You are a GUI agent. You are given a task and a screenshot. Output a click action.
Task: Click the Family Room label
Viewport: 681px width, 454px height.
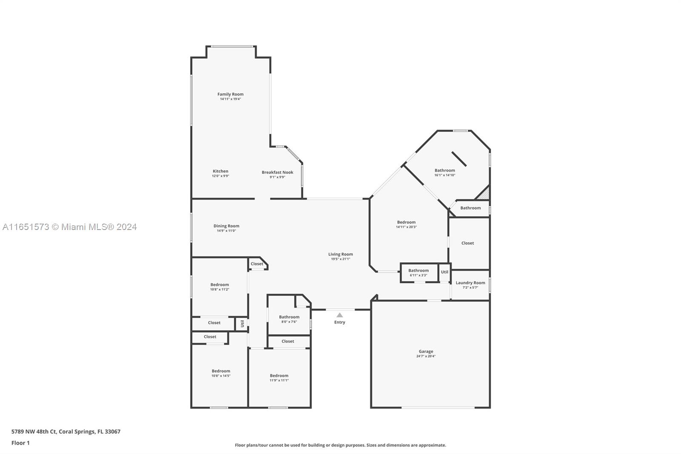tap(230, 94)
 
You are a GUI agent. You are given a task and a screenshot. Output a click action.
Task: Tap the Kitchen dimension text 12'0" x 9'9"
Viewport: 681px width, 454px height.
tap(220, 176)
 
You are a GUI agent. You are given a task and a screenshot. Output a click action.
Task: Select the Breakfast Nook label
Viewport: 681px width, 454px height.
tap(277, 172)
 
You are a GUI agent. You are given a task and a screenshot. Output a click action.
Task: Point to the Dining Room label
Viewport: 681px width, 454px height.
tap(226, 226)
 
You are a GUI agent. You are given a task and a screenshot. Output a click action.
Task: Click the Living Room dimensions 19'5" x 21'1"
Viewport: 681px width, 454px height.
tap(340, 259)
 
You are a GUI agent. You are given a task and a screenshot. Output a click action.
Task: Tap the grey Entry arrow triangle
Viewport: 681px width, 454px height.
tap(340, 315)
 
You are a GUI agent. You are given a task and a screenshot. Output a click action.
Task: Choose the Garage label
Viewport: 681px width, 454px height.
tap(426, 351)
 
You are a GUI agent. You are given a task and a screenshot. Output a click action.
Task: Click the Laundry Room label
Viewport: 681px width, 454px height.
tap(470, 283)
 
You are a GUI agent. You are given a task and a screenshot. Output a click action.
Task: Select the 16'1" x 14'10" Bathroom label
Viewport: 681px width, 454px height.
tap(444, 170)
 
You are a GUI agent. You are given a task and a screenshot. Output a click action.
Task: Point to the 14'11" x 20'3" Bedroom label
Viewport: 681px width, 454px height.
tap(406, 222)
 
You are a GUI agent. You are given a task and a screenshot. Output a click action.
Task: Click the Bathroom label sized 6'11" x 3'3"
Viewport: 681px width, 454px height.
tap(418, 270)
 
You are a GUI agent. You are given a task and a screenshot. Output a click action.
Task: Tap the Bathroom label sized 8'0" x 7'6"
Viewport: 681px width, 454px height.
tap(289, 317)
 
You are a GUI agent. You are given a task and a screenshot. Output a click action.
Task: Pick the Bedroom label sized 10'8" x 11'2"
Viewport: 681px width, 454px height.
tap(220, 285)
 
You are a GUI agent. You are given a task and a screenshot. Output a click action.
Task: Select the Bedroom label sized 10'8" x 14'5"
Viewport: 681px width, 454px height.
tap(221, 371)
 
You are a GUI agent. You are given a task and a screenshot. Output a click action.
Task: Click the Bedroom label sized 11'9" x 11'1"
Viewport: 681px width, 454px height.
tap(279, 376)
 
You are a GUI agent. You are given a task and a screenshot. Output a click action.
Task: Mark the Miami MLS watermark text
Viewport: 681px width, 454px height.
tap(70, 227)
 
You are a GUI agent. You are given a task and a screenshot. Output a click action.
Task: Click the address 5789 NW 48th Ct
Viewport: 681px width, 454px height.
tap(34, 431)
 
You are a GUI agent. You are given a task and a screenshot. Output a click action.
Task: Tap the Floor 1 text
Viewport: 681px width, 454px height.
tap(20, 443)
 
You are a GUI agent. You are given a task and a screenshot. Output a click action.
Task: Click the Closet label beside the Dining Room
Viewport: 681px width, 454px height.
tap(257, 264)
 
